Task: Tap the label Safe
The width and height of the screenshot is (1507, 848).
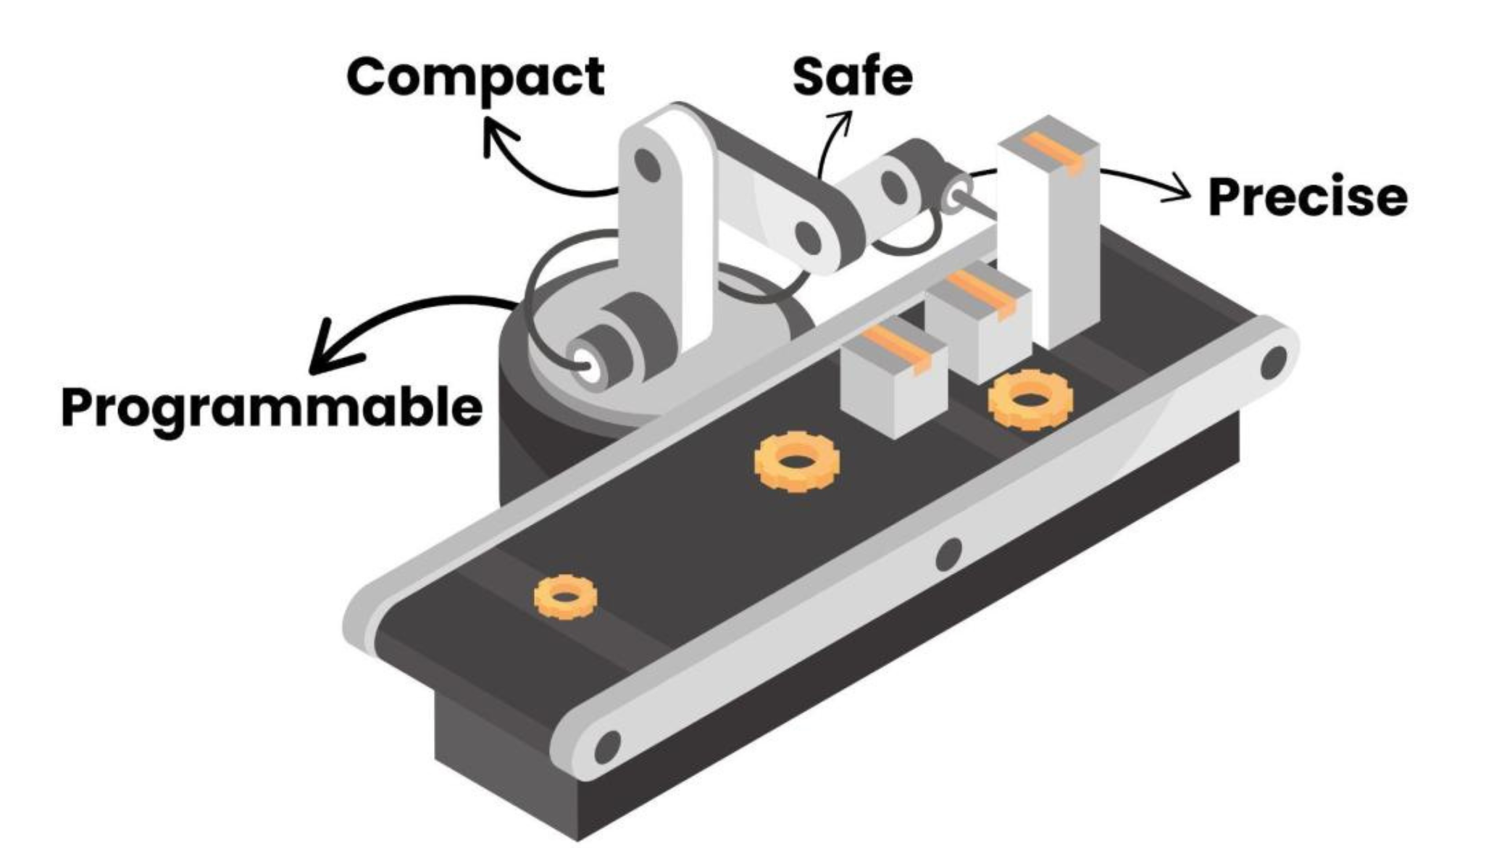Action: pos(852,76)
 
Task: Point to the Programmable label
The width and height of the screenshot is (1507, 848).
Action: pos(272,409)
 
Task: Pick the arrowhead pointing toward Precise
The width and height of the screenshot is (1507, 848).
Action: pos(1177,188)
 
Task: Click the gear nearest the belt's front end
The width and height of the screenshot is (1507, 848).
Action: pos(566,596)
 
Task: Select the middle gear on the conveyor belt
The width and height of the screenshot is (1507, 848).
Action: pos(797,462)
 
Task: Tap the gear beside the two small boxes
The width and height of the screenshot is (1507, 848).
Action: pos(1030,399)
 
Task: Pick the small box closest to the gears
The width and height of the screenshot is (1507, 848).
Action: pos(894,377)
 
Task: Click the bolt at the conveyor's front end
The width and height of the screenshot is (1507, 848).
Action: pos(607,747)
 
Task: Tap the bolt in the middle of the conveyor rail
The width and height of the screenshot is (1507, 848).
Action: pos(948,554)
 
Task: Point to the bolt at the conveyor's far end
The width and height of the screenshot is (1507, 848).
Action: pos(1274,362)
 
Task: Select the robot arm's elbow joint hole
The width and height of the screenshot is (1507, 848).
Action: pos(809,236)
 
